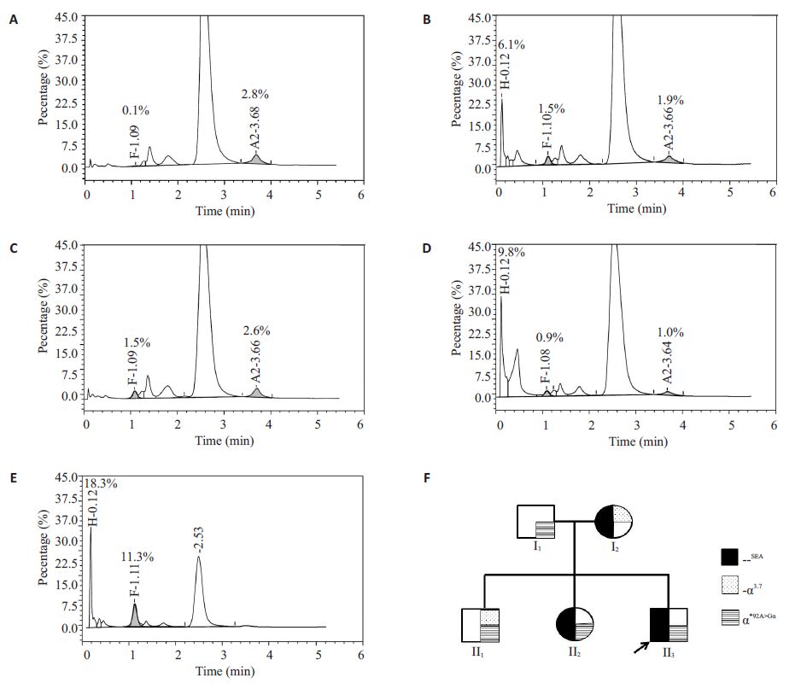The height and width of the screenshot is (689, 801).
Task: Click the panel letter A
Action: click(x=13, y=18)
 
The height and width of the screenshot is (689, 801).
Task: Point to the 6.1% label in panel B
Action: click(x=511, y=44)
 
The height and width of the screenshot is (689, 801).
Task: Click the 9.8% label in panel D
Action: click(x=511, y=254)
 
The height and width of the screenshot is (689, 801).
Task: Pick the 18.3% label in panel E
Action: click(x=100, y=483)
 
